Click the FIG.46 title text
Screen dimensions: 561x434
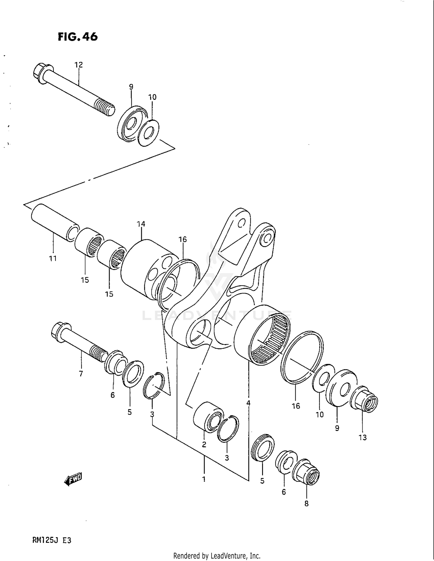pos(78,37)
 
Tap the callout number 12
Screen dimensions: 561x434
pos(79,65)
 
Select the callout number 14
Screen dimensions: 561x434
pos(141,224)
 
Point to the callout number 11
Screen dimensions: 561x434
pos(53,258)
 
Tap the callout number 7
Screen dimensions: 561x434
pos(81,374)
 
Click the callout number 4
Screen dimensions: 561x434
pos(248,403)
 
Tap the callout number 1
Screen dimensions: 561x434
pos(204,479)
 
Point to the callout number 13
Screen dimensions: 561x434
pos(363,438)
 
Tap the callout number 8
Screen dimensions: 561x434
pos(306,504)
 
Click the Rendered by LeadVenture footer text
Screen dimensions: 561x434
pos(217,556)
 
